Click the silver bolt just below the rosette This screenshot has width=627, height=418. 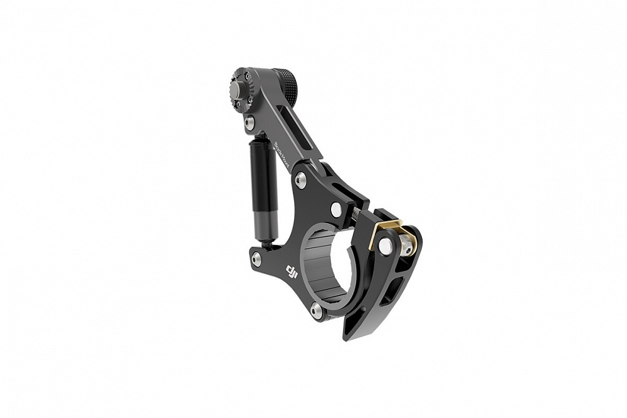pyautogui.click(x=250, y=122)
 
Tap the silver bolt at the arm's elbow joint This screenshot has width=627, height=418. pyautogui.click(x=301, y=180)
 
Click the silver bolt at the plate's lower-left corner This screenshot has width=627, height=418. pyautogui.click(x=256, y=259)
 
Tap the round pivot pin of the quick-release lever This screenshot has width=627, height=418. pyautogui.click(x=386, y=246)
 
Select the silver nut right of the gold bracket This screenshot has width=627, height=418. pyautogui.click(x=408, y=246)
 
